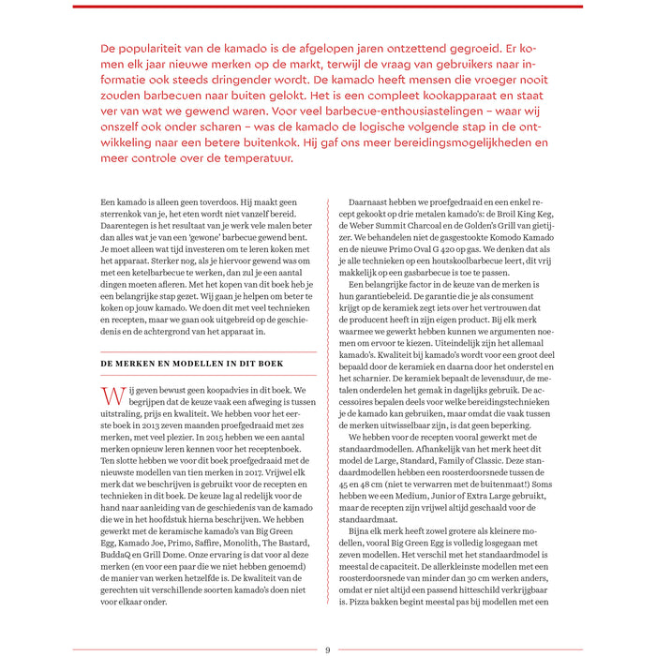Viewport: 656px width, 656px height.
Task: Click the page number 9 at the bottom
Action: click(327, 649)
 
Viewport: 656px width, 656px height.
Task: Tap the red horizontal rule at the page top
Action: click(327, 7)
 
